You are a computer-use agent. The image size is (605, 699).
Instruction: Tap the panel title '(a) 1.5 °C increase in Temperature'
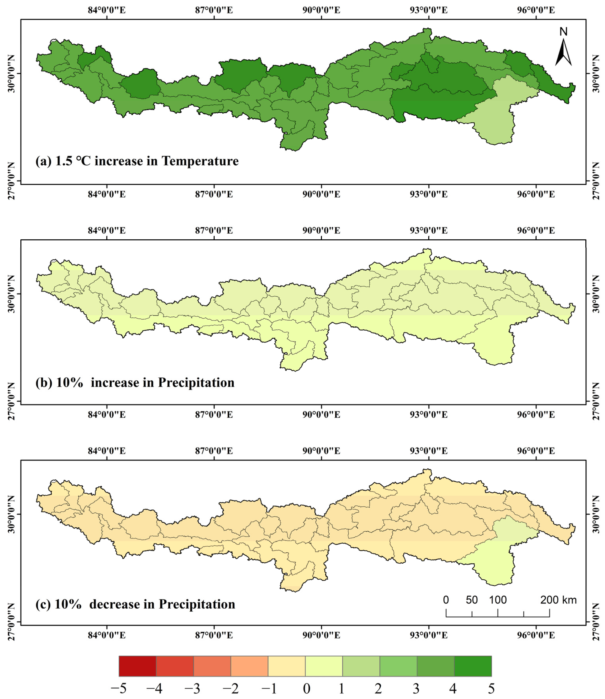(137, 161)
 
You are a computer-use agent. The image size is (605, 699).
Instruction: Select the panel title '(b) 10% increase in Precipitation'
(135, 383)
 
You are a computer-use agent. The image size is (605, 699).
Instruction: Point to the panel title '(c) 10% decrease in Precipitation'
(135, 604)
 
